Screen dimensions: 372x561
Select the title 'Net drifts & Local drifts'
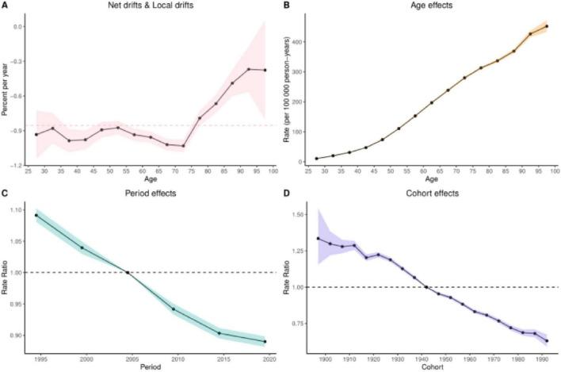coord(151,6)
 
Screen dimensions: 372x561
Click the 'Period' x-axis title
coord(150,366)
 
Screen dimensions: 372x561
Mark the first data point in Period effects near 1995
coord(36,215)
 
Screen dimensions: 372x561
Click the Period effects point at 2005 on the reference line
coord(128,273)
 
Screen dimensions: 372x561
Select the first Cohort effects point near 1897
coord(318,239)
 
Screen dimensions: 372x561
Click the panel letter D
coord(286,192)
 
